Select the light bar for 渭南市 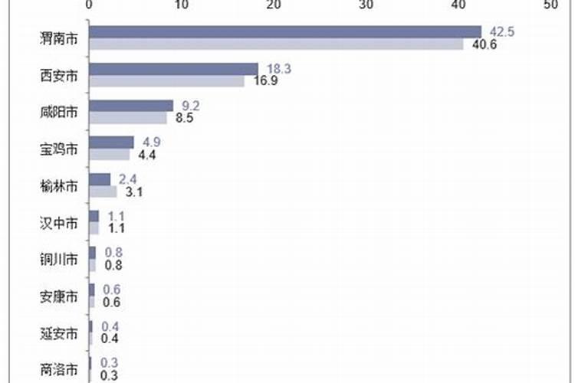coord(276,44)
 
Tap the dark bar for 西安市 coord(173,69)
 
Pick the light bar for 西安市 coord(166,80)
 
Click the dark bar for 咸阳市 coord(131,106)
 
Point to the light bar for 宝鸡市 coord(110,154)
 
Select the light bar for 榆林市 coord(103,191)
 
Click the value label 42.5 coord(501,31)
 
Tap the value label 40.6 coord(485,44)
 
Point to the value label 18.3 coord(278,69)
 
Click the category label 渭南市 coord(58,38)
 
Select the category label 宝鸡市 coord(58,149)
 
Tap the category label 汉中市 coord(58,223)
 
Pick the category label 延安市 coord(58,334)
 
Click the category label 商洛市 coord(58,370)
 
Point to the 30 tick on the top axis coord(366,5)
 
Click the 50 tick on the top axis coord(550,5)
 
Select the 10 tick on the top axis coord(181,5)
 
